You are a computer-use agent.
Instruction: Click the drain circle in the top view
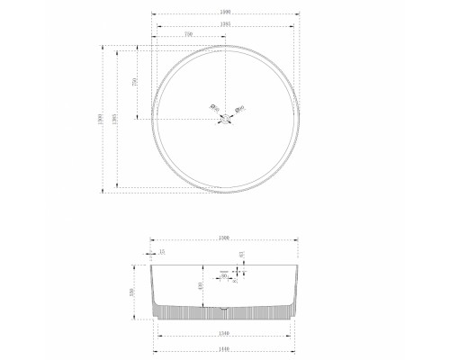tap(224, 118)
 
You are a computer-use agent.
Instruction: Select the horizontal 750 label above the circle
tap(188, 35)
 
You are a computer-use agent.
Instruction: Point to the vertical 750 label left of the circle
tap(133, 82)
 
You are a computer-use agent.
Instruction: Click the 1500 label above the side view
tap(225, 238)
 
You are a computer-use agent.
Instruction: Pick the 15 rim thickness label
tap(161, 253)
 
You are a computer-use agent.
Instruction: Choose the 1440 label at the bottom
tap(225, 348)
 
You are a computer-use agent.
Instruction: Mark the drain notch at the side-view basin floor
tap(224, 308)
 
